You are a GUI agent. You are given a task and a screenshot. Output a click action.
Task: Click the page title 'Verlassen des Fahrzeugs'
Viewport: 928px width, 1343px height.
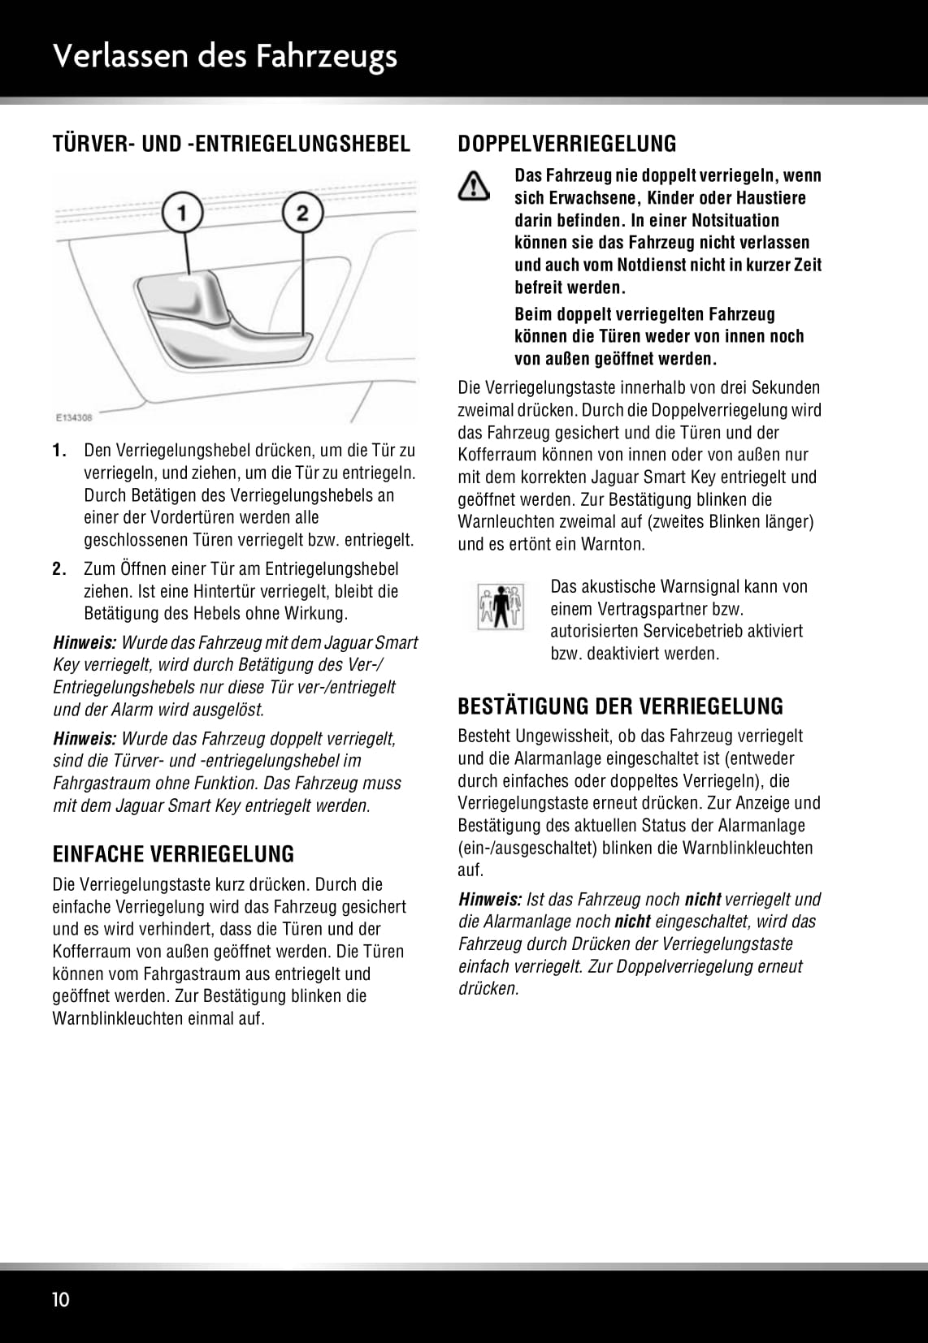(x=225, y=56)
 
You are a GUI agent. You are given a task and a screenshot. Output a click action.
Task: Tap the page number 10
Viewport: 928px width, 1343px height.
(x=61, y=1300)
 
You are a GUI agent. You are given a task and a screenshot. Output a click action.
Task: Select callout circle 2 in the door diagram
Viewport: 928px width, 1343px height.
(x=302, y=214)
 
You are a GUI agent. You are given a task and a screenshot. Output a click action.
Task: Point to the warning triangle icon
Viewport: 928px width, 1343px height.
(x=474, y=187)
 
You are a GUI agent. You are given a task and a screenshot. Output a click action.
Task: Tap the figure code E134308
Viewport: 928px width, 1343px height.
(x=74, y=417)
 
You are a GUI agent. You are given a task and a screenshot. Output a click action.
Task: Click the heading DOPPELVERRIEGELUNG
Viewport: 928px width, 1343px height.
(x=566, y=144)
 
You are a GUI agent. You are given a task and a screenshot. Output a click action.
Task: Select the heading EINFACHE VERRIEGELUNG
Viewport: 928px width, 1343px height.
(x=173, y=854)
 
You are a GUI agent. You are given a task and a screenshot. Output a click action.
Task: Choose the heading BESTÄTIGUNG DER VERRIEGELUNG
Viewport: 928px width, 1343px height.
(x=620, y=706)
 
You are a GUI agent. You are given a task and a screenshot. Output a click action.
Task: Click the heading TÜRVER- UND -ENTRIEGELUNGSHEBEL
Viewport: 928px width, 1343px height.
(x=232, y=144)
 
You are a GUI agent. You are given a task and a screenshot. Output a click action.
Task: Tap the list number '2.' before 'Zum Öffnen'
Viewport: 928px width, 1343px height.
(x=59, y=569)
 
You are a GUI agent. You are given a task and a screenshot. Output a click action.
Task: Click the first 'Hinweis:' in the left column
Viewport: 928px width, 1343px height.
(x=85, y=643)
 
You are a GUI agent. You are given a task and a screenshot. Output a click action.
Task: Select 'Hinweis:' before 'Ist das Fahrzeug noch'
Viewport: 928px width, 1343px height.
(x=490, y=900)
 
